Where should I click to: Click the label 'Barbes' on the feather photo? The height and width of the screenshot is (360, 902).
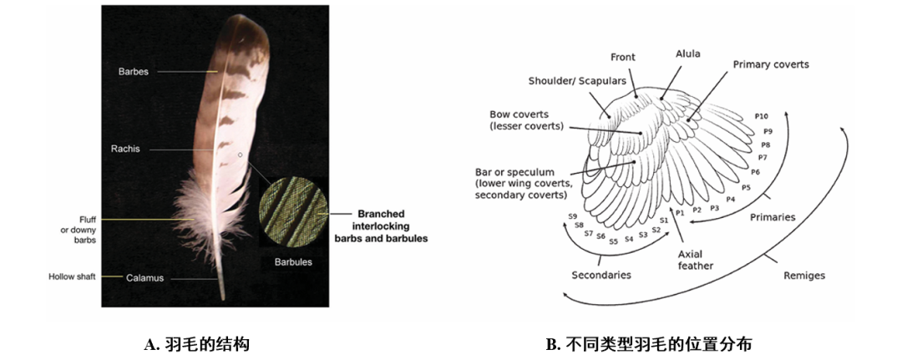coord(133,72)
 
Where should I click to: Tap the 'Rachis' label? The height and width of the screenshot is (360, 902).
coord(125,149)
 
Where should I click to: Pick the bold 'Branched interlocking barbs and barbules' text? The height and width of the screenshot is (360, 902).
coord(381,226)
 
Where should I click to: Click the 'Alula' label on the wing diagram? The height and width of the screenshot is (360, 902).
coord(687,54)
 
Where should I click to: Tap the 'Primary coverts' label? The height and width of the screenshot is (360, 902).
coord(771,64)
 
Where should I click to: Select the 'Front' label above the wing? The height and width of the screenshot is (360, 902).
coord(622,58)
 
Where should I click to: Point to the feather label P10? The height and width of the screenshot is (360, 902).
coord(762,117)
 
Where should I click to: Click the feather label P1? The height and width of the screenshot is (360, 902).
coord(679,213)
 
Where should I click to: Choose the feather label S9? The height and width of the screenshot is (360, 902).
coord(573,216)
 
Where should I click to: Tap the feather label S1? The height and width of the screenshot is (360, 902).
coord(663,221)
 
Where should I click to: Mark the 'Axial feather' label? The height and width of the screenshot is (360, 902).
coord(696,260)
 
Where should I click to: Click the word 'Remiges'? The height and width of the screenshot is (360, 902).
coord(804,275)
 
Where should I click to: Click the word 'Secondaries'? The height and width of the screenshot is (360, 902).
coord(600,275)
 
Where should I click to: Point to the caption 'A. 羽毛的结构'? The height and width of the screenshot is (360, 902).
coord(196,343)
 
